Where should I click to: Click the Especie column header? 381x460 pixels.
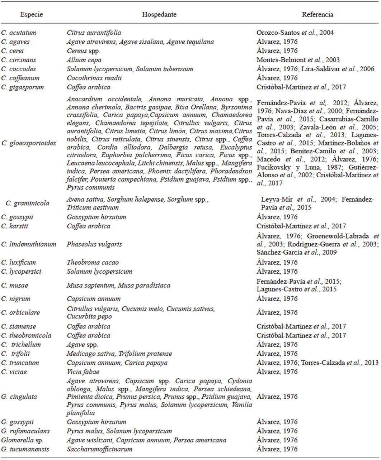click(x=32, y=15)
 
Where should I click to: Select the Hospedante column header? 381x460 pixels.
click(x=159, y=15)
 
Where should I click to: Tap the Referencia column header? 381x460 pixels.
click(x=317, y=15)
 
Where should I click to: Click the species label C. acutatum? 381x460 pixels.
click(x=19, y=33)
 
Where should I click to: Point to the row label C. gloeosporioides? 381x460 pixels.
click(x=29, y=143)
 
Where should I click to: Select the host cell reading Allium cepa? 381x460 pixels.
click(x=84, y=60)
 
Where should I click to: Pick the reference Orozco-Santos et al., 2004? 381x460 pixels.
click(x=295, y=33)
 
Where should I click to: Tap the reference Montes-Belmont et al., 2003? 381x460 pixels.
click(x=298, y=60)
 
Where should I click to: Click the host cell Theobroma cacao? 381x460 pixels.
click(x=93, y=263)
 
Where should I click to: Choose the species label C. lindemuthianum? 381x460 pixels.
click(x=29, y=244)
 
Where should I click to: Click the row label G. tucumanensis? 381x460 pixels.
click(x=25, y=449)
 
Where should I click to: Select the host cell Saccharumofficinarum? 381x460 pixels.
click(x=99, y=449)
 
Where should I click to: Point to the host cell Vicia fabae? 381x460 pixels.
click(x=83, y=372)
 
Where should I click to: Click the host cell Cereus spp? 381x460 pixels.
click(x=83, y=51)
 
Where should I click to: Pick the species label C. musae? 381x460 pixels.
click(x=14, y=286)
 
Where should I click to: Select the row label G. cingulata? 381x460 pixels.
click(x=19, y=397)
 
